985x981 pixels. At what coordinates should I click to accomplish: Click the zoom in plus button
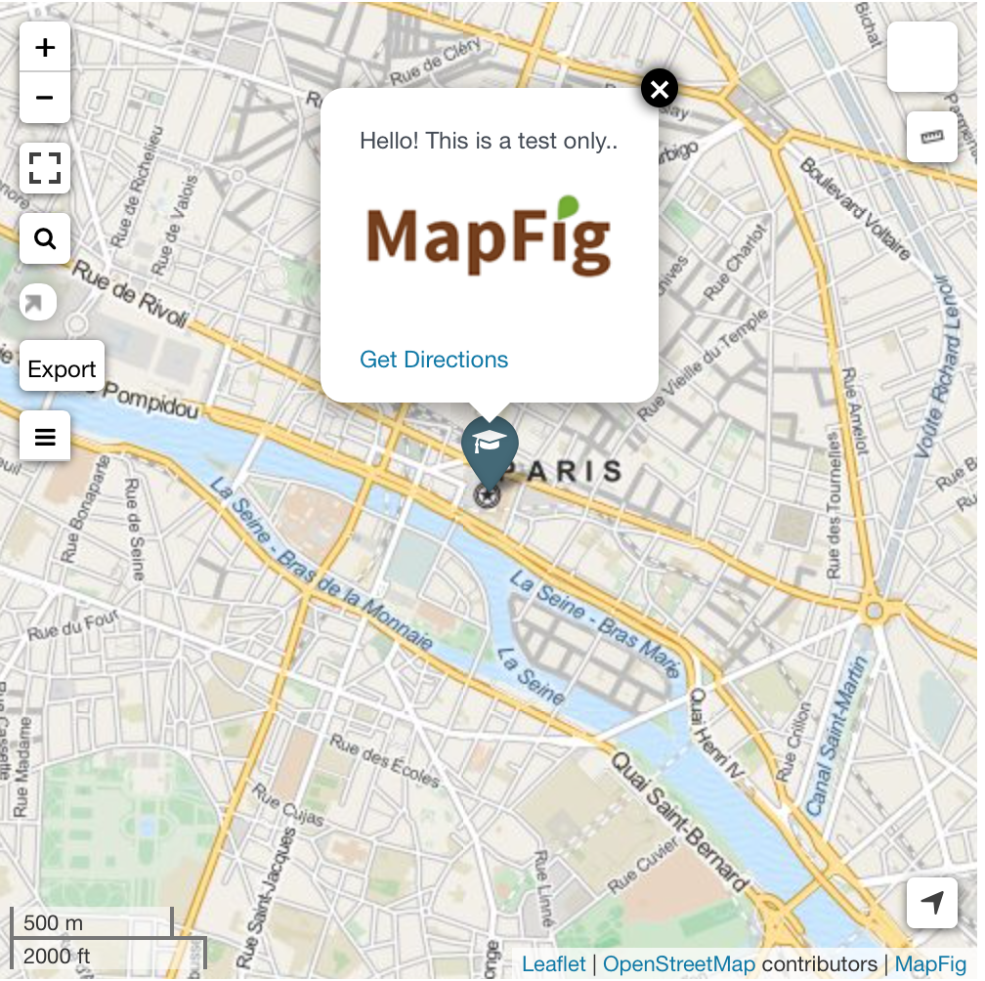click(45, 48)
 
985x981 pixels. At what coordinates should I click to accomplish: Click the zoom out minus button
click(45, 98)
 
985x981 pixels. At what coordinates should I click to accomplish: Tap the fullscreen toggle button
click(45, 168)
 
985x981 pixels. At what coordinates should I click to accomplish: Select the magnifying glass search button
click(45, 238)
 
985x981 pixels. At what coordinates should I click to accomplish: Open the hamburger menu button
click(45, 436)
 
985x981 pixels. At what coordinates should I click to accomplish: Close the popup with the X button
click(660, 90)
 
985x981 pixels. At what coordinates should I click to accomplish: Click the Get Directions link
click(434, 360)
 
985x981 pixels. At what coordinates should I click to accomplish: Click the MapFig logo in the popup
click(489, 237)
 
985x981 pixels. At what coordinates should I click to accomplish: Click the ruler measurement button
click(932, 137)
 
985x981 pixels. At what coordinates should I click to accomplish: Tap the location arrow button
click(932, 903)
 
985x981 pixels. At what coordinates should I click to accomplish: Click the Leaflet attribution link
click(554, 964)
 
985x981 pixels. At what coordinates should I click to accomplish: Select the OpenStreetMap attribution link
click(679, 964)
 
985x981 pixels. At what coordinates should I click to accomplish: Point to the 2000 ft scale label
click(57, 956)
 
